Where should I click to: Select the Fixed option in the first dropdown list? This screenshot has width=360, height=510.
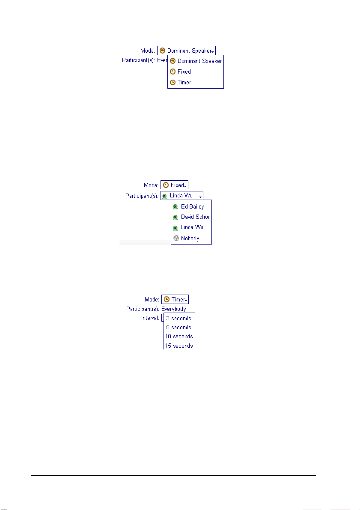184,72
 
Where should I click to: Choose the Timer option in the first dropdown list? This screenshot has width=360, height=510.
184,82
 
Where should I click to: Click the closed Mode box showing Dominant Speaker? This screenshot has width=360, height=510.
186,51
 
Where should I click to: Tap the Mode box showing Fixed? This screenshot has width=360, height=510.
174,185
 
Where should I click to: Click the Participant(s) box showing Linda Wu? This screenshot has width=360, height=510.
182,196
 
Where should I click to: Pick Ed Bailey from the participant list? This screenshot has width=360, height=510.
192,206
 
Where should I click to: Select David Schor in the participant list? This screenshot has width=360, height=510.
195,217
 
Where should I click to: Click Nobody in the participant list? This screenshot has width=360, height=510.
190,238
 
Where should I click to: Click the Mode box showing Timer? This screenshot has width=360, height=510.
175,300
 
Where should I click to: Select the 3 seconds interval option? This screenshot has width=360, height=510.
179,318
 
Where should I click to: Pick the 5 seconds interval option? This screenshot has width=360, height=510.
179,327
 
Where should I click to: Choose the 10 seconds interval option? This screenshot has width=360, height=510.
179,336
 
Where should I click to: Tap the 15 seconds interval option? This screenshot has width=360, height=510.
179,345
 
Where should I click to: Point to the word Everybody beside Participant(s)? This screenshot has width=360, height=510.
173,309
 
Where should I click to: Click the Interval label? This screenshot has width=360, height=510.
150,318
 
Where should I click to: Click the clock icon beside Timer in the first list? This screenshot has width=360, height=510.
173,82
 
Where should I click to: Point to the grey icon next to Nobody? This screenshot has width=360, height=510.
176,238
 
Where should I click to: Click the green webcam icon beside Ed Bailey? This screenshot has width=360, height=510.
176,206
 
